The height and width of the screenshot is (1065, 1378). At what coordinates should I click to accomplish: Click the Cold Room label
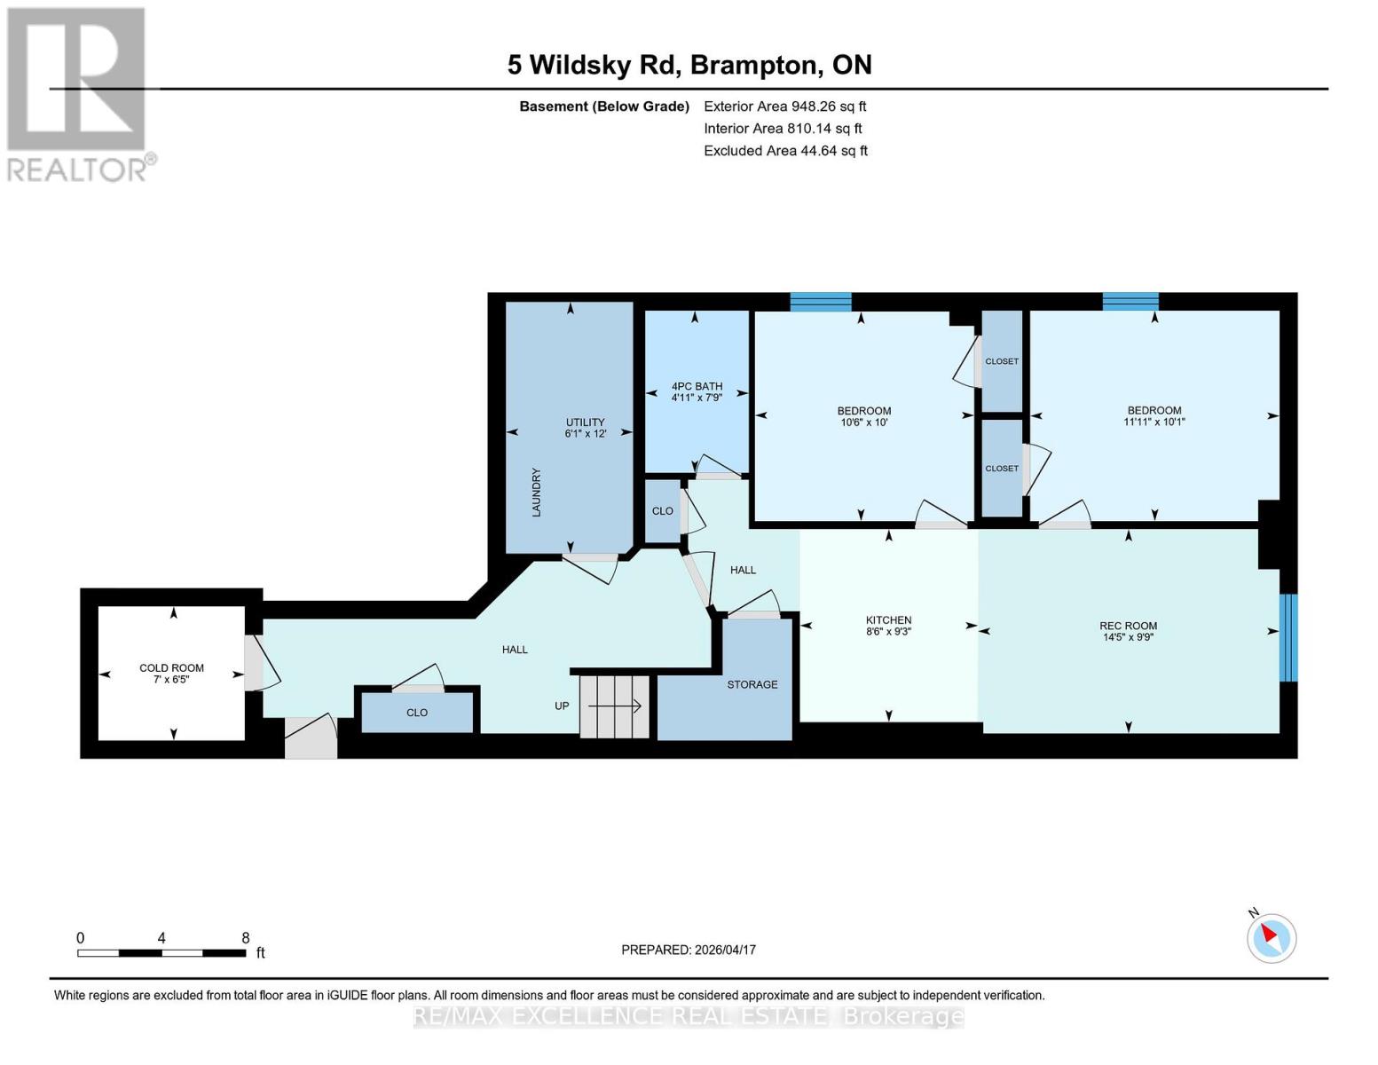click(x=171, y=668)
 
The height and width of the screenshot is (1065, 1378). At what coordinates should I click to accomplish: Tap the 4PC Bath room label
click(x=697, y=386)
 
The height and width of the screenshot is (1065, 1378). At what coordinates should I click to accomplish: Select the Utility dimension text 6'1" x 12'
click(x=585, y=434)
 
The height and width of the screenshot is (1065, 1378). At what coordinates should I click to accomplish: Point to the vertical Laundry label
click(x=536, y=493)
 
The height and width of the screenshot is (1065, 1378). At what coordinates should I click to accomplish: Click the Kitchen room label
click(x=888, y=620)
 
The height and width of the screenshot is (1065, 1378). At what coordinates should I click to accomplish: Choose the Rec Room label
click(x=1128, y=626)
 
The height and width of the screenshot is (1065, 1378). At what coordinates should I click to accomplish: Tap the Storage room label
click(x=752, y=684)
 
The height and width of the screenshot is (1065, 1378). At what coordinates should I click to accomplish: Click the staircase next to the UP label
click(x=615, y=706)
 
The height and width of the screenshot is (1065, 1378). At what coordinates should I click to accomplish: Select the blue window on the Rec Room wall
click(x=1287, y=637)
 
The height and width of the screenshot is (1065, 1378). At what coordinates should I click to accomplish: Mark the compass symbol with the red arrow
click(x=1271, y=937)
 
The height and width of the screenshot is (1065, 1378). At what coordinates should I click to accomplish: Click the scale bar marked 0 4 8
click(x=161, y=953)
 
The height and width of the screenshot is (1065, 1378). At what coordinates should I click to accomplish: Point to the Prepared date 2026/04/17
click(x=689, y=950)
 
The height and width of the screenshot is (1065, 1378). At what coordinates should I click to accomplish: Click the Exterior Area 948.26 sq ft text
click(x=784, y=106)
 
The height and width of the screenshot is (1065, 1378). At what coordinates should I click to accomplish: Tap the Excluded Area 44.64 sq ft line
click(x=785, y=151)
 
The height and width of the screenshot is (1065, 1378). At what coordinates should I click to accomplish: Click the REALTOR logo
click(x=78, y=93)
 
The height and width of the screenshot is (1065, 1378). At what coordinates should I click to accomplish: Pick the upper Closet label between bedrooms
click(x=1002, y=361)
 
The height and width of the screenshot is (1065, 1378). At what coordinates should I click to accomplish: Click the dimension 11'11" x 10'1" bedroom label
click(x=1154, y=422)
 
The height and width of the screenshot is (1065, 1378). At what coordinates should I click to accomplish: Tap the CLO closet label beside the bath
click(x=662, y=511)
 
